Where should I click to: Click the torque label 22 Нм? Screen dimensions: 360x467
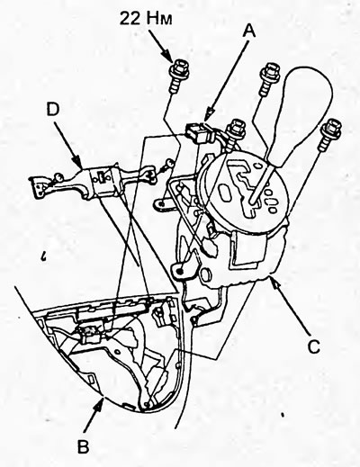point(146,19)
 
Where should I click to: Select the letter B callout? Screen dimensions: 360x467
point(83,446)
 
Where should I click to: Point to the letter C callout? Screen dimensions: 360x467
point(314,346)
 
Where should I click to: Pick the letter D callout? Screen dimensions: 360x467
point(53,110)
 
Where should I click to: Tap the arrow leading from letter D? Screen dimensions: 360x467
point(69,143)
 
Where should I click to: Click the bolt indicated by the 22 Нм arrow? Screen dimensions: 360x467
point(179,75)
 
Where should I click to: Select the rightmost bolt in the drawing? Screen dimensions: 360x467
point(330,134)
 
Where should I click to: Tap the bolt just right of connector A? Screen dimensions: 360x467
point(237,133)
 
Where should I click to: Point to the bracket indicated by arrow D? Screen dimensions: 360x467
point(94,182)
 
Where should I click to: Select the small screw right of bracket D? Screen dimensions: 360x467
point(168,164)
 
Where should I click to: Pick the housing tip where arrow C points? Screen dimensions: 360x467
point(270,273)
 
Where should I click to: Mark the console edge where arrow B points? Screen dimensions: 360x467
point(103,396)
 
